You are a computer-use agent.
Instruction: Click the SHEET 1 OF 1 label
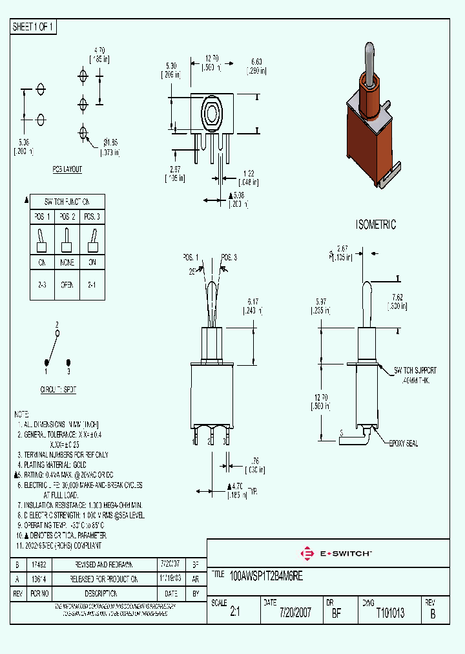pyautogui.click(x=34, y=26)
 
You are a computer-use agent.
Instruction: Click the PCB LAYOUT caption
pyautogui.click(x=68, y=169)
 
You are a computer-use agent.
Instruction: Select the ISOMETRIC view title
pyautogui.click(x=376, y=225)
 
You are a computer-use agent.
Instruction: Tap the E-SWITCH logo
pyautogui.click(x=335, y=553)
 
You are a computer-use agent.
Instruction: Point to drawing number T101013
pyautogui.click(x=390, y=613)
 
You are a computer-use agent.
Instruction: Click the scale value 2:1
pyautogui.click(x=235, y=613)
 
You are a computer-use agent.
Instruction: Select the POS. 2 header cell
pyautogui.click(x=67, y=216)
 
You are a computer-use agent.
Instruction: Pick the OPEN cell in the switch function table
pyautogui.click(x=67, y=284)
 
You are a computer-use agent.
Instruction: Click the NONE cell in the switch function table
pyautogui.click(x=67, y=263)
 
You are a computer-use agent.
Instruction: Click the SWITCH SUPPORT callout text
pyautogui.click(x=415, y=370)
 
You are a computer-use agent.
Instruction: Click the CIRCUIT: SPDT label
pyautogui.click(x=58, y=390)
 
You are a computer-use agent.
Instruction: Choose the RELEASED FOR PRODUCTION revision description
pyautogui.click(x=105, y=580)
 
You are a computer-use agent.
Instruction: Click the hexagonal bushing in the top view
pyautogui.click(x=211, y=113)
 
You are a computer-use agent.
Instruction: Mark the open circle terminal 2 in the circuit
pyautogui.click(x=57, y=333)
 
